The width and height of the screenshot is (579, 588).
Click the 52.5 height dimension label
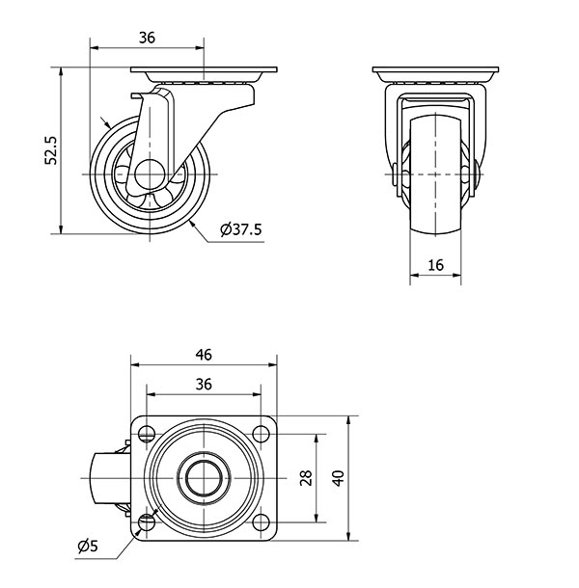[51, 150]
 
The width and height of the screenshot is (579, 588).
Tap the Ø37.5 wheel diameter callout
[241, 229]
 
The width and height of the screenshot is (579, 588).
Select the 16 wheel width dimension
[435, 265]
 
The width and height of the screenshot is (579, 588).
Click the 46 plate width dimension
[204, 355]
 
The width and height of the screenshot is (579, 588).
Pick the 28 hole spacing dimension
[307, 478]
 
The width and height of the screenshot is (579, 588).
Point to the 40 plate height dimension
[339, 478]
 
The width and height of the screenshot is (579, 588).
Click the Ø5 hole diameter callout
[88, 546]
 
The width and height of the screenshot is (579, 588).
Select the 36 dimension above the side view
[147, 38]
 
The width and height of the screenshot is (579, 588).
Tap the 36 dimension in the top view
[204, 385]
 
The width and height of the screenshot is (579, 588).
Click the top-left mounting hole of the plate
[147, 434]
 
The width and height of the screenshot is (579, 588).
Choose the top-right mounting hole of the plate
[261, 434]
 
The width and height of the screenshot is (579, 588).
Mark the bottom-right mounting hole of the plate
[261, 522]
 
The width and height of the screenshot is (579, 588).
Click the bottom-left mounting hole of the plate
[147, 522]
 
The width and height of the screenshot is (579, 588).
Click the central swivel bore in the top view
[204, 478]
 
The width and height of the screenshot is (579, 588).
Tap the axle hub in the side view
[150, 174]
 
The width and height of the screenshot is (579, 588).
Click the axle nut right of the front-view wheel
[477, 174]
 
